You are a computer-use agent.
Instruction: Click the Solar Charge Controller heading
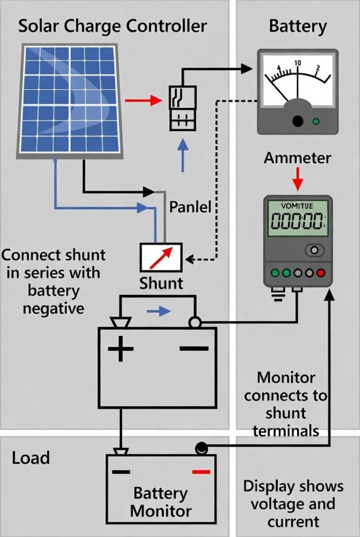(112, 26)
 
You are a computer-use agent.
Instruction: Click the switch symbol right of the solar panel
(182, 108)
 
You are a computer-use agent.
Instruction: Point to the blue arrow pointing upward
(182, 155)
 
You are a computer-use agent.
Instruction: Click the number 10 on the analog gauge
(298, 63)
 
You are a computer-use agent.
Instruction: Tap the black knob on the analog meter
(298, 121)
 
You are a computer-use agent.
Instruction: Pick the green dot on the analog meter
(315, 122)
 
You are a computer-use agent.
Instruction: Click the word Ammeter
(297, 158)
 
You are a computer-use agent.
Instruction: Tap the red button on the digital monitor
(321, 273)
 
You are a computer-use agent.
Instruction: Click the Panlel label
(190, 207)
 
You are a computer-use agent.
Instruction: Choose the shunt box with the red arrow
(161, 257)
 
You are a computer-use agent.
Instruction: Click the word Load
(31, 458)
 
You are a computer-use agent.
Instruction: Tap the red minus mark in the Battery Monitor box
(201, 471)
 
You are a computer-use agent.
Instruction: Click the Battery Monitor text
(161, 502)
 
